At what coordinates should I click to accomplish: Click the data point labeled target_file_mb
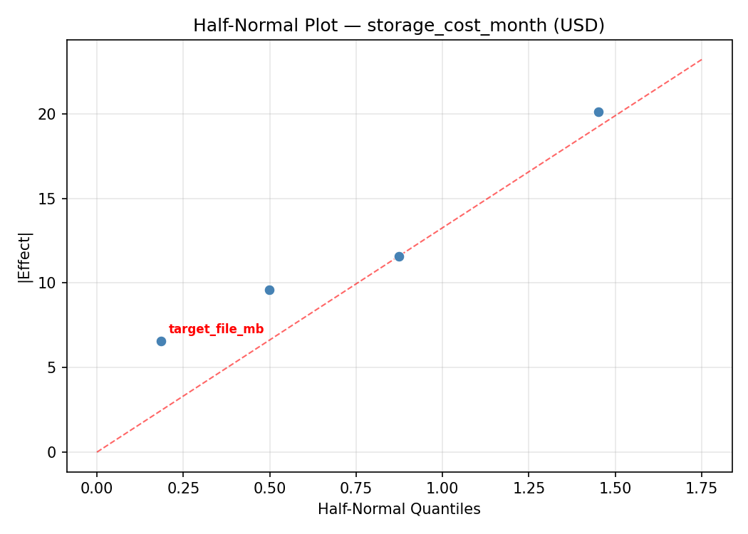161,341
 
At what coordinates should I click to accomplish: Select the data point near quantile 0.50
269,290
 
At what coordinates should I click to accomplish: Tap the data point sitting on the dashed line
399,256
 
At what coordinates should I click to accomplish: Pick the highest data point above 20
598,112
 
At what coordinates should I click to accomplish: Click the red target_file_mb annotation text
216,329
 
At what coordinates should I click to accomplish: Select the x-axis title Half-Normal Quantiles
399,509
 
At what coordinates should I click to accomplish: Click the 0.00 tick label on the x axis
97,488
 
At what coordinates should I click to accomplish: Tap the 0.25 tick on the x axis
183,488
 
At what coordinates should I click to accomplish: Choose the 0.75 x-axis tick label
355,488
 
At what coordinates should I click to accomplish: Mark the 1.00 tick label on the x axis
442,488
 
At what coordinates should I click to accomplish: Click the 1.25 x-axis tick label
529,488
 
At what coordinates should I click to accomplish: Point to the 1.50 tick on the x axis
615,488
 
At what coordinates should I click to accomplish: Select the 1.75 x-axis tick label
701,488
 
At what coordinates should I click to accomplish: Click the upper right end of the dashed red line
701,60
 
